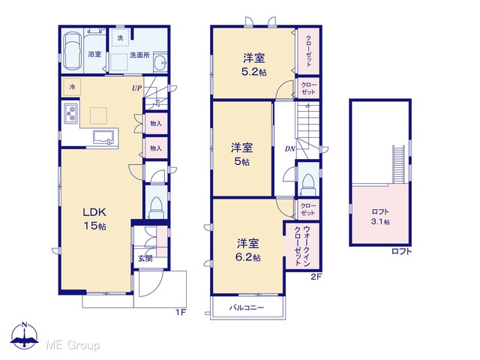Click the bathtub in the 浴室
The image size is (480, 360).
[73, 51]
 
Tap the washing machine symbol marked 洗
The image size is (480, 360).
[120, 38]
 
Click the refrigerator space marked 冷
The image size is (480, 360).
[72, 87]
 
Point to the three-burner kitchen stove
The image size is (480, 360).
[71, 113]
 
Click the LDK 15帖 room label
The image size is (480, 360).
[95, 219]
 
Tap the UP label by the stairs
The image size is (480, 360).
[136, 88]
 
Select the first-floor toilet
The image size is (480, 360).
[156, 207]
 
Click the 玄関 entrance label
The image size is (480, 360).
[145, 258]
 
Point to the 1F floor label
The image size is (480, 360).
[181, 313]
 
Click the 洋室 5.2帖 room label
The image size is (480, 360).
[254, 64]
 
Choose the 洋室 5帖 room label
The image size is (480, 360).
[241, 154]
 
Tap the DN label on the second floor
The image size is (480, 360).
[290, 149]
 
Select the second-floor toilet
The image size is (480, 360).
[308, 184]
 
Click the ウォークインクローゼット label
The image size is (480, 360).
[302, 246]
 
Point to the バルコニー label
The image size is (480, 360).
[247, 307]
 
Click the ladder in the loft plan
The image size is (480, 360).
[398, 165]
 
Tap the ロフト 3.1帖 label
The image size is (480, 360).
[380, 217]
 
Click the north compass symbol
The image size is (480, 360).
[25, 335]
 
